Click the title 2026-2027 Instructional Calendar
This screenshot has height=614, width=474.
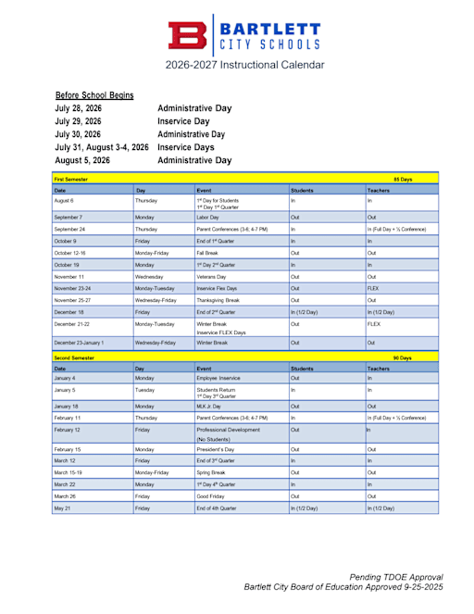tap(245, 65)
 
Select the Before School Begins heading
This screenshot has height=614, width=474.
tap(94, 95)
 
